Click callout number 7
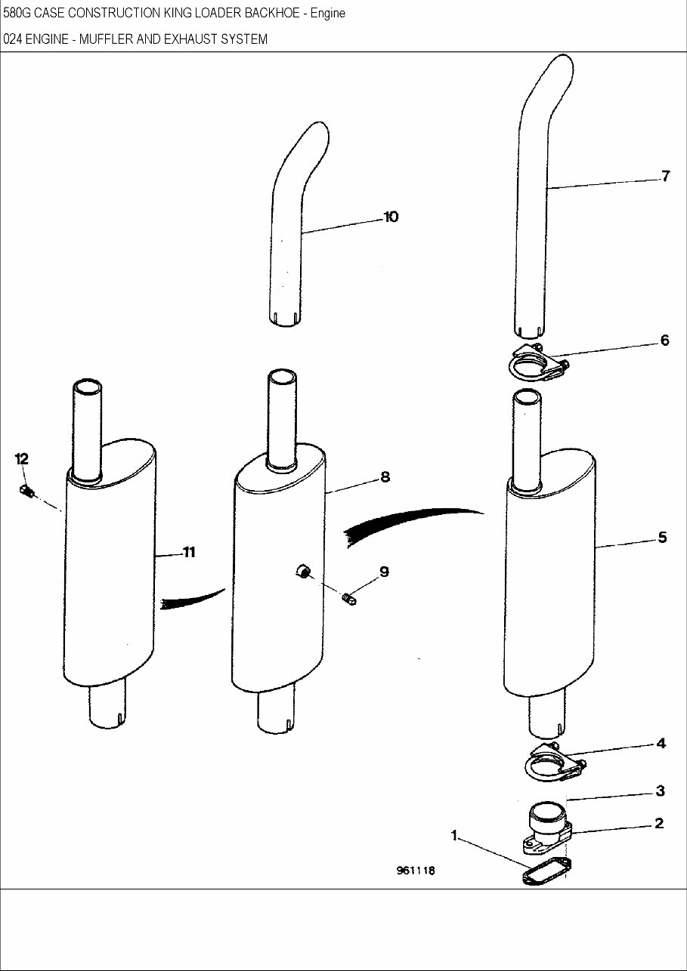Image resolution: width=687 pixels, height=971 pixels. (664, 177)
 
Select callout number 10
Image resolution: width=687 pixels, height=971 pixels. (391, 217)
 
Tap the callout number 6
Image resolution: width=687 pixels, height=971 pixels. (664, 341)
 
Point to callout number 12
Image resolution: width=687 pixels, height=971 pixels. (21, 459)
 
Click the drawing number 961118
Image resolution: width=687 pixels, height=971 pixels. (415, 871)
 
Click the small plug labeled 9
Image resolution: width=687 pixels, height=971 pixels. (349, 600)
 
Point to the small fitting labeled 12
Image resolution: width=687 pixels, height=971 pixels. (28, 492)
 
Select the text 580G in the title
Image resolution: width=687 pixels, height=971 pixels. (17, 13)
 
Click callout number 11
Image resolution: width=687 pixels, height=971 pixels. (188, 553)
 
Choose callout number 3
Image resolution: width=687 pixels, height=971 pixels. (660, 791)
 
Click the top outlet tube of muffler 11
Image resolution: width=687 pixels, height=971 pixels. (87, 430)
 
